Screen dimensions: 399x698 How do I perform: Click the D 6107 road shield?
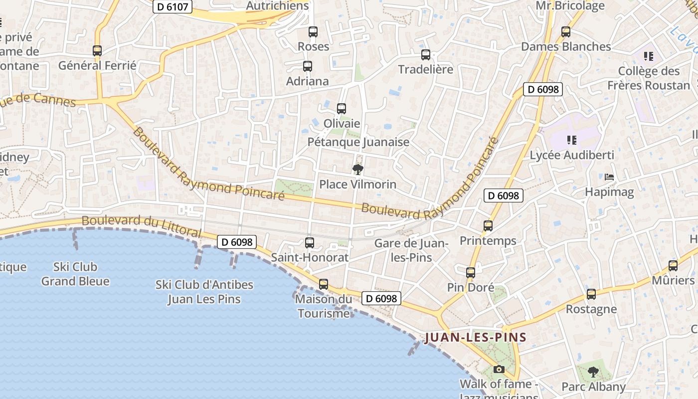coord(173,7)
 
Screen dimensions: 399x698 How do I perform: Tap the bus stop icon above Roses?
coord(313,32)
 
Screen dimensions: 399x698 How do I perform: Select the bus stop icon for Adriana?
coord(308,66)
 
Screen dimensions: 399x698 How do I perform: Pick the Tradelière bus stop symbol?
coord(425,55)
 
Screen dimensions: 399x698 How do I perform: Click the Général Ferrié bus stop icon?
coord(97,51)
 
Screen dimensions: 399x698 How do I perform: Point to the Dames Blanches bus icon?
coord(565,32)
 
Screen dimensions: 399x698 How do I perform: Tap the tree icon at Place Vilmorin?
coord(357,170)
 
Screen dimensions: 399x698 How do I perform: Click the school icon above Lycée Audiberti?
coord(572,140)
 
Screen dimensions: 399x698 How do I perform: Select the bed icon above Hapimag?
coord(609,177)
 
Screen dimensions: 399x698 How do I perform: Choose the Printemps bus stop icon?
coord(488,226)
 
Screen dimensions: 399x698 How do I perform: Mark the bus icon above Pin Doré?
coord(471,273)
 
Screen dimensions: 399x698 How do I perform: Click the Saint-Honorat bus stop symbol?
coord(310,243)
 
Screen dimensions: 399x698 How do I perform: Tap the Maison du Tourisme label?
coord(324,306)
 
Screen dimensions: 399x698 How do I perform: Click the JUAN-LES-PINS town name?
coord(475,338)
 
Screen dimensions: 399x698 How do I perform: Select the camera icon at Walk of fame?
coord(499,370)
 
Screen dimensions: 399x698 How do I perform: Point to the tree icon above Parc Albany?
coord(593,372)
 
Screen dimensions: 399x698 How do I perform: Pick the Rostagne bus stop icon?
coord(591,294)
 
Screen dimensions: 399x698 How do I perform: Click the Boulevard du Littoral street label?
coord(141,226)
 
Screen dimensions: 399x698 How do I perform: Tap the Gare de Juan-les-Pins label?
coord(411,250)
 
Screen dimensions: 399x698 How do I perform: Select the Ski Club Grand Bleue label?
coord(75,274)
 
